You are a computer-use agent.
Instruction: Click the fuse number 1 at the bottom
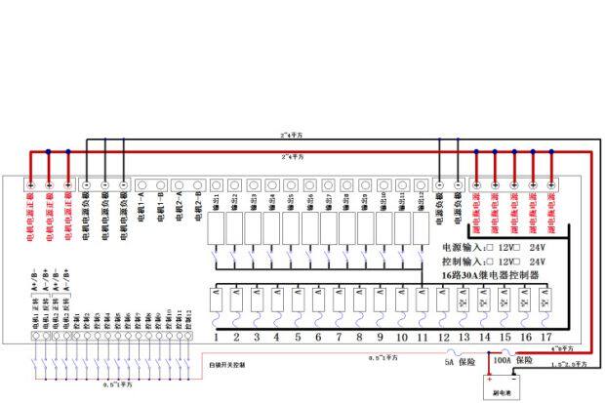coord(216,337)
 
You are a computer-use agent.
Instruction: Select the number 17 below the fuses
coord(546,337)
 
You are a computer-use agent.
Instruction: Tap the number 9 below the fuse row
coord(380,337)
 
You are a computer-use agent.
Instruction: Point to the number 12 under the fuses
coord(443,337)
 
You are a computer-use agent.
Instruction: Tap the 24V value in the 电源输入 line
coord(538,248)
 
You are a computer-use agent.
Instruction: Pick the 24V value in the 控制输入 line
coord(538,262)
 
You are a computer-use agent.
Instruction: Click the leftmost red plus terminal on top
coord(30,184)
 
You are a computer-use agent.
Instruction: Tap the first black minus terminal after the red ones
coord(87,184)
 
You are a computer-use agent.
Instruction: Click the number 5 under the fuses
coord(298,337)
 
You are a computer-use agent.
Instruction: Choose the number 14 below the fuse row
coord(484,337)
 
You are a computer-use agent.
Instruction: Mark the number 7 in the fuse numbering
coord(339,337)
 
